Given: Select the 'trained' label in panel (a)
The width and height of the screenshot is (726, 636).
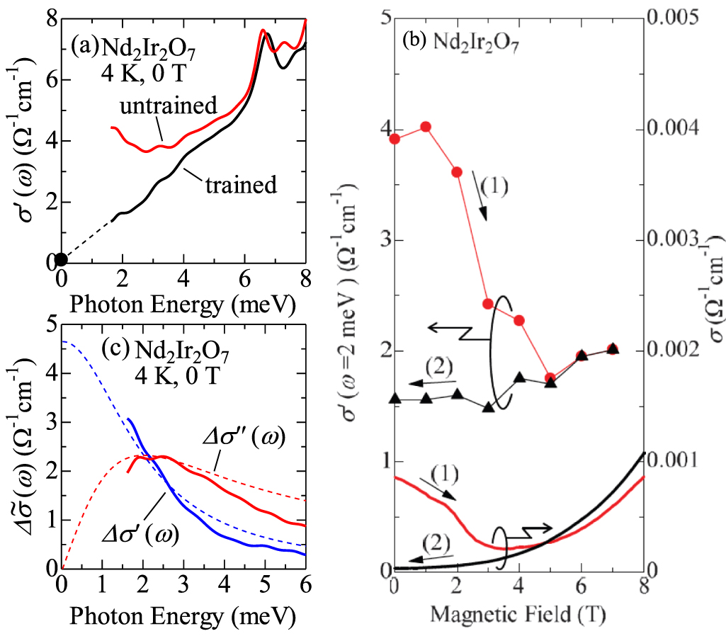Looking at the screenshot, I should (240, 186).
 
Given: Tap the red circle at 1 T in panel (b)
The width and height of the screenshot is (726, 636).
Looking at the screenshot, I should (426, 127).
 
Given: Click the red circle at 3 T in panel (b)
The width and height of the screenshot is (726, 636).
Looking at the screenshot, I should (488, 304).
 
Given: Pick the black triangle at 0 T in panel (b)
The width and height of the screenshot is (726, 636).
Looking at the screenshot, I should (395, 399).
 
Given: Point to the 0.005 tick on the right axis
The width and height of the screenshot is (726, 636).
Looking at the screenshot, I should (677, 17).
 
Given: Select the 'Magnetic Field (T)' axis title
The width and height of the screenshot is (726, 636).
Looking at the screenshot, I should (518, 609).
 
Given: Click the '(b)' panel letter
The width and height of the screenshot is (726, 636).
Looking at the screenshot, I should (414, 40).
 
